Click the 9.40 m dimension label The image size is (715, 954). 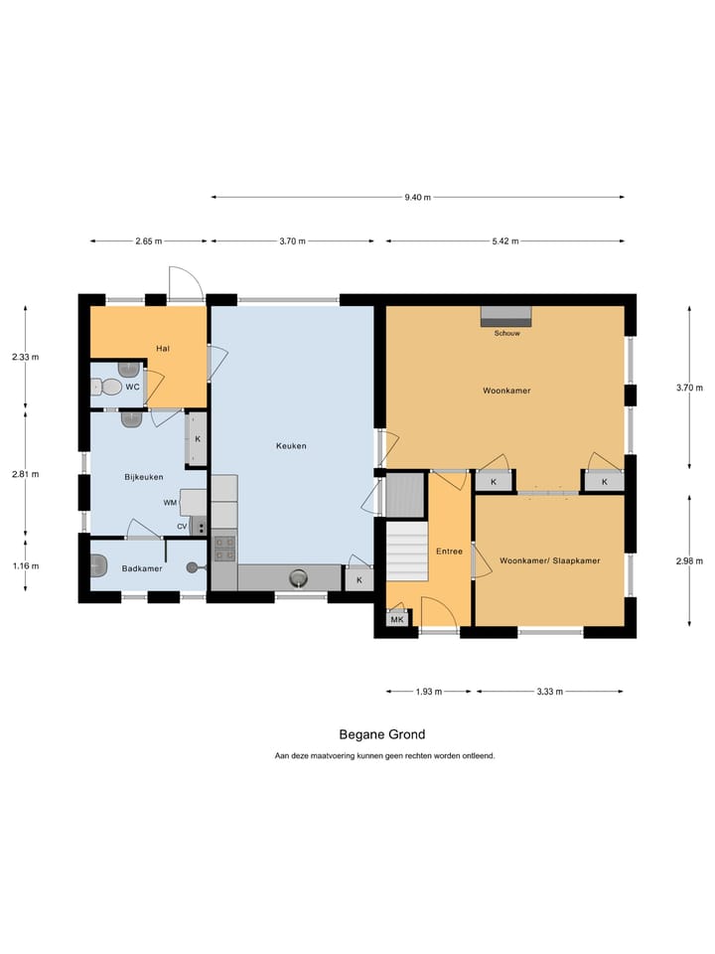(418, 197)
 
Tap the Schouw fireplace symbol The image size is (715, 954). (506, 316)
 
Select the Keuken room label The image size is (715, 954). (291, 446)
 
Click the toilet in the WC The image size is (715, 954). (110, 387)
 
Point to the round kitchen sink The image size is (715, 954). (297, 577)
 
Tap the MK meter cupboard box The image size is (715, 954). (397, 619)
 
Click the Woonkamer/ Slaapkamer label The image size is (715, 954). (550, 560)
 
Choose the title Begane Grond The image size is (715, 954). (381, 735)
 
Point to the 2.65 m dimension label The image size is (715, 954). (148, 240)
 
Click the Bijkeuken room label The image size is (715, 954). (144, 477)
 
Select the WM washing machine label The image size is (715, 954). (170, 503)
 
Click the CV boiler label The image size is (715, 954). (182, 526)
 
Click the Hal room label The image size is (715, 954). (163, 348)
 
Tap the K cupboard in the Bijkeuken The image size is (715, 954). (197, 439)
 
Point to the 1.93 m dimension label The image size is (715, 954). (430, 691)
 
